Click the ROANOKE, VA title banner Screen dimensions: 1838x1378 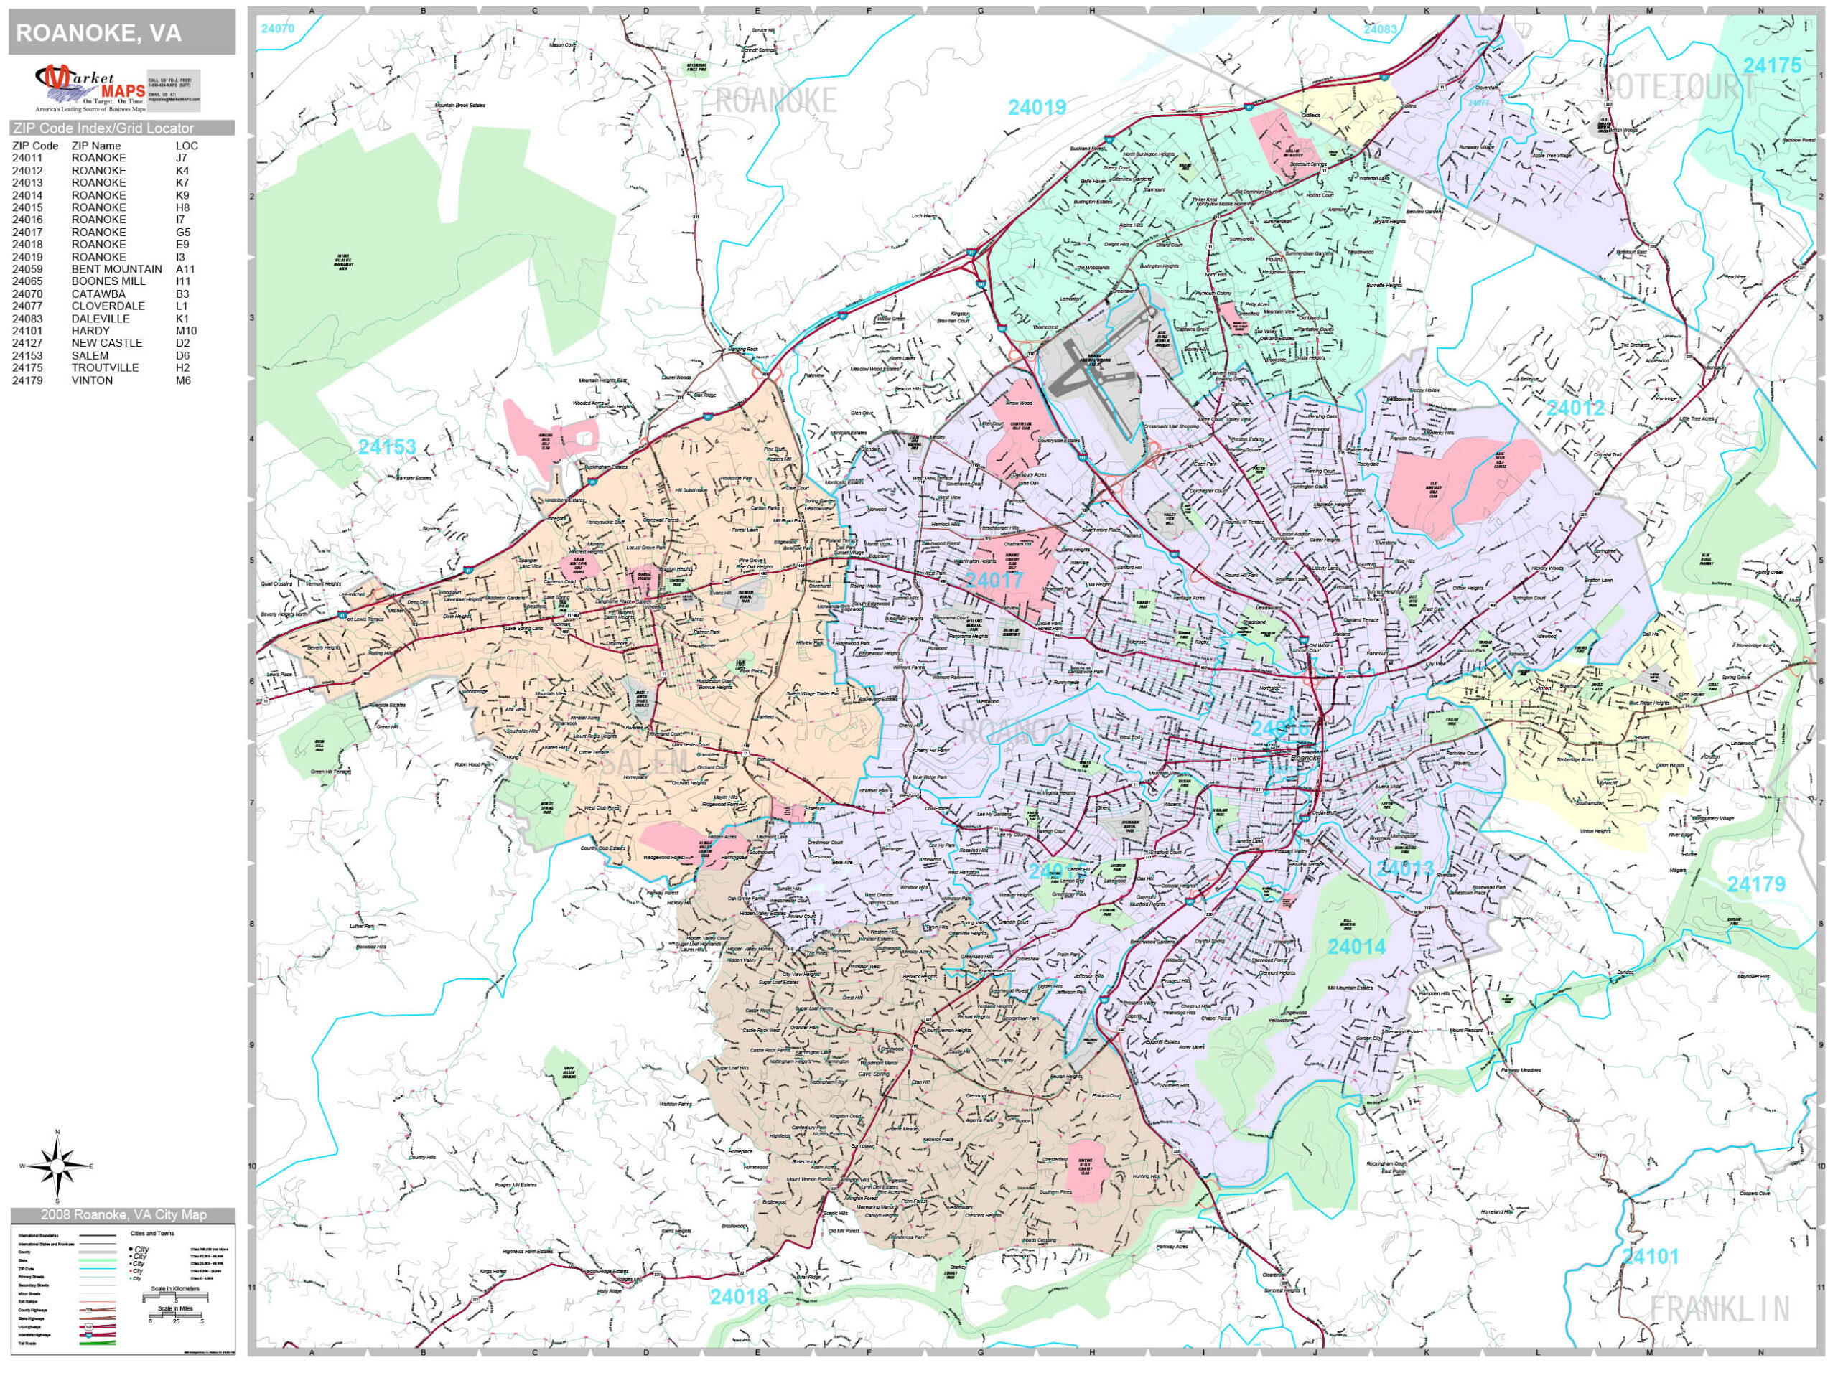click(x=121, y=34)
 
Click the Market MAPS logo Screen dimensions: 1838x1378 click(x=90, y=88)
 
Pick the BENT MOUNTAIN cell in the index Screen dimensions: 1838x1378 click(x=116, y=269)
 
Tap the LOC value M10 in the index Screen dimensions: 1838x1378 click(x=186, y=331)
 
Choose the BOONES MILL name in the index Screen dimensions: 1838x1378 click(x=108, y=281)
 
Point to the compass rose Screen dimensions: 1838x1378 click(x=57, y=1166)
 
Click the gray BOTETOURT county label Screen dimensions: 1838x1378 click(x=1678, y=85)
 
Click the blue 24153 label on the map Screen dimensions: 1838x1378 click(x=386, y=447)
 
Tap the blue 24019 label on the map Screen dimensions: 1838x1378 click(x=1036, y=107)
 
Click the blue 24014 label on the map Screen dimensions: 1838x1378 click(x=1356, y=946)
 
